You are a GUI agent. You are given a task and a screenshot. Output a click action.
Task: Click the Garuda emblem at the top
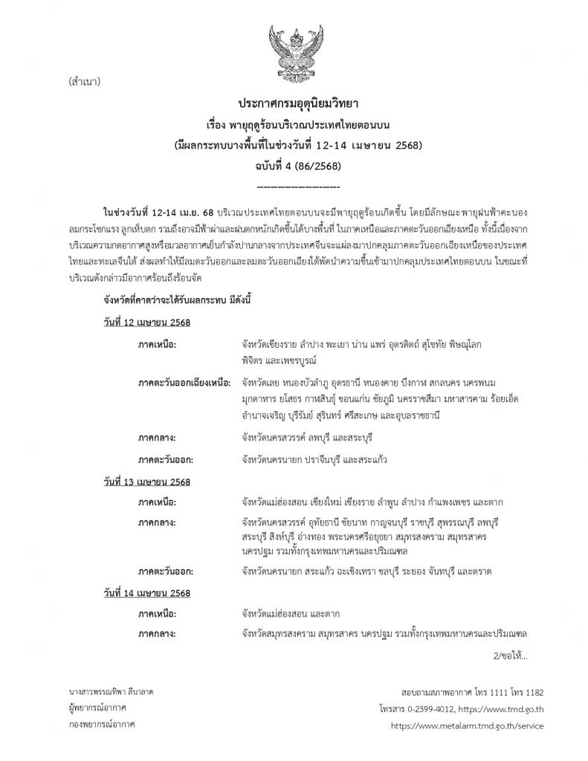293,48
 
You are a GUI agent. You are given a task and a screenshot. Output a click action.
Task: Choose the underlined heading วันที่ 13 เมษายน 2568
147,482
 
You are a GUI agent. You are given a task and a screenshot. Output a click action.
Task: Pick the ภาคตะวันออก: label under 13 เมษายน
166,571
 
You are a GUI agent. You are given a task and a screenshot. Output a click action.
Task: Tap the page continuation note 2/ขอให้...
509,656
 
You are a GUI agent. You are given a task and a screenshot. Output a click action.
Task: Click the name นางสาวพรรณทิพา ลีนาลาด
111,691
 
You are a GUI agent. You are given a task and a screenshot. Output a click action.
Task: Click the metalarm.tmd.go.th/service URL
467,725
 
